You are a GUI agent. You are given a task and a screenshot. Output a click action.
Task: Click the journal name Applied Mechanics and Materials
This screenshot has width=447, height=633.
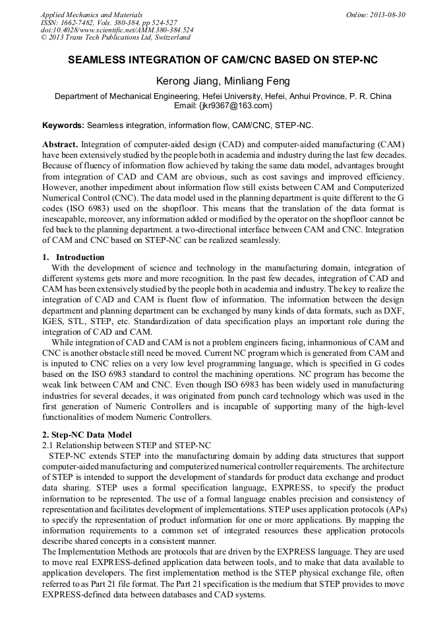click(92, 15)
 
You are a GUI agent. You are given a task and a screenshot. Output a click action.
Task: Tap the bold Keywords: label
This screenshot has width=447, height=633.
click(63, 125)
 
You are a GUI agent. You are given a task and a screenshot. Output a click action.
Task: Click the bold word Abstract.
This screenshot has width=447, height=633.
click(60, 144)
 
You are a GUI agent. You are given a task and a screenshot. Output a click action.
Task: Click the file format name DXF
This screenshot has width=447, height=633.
click(394, 310)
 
